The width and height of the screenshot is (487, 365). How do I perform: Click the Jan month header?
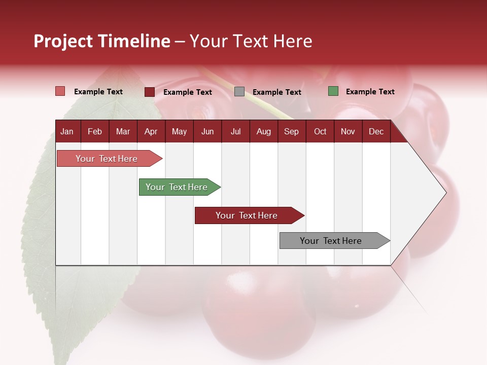click(67, 131)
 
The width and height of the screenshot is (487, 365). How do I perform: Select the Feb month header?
click(95, 131)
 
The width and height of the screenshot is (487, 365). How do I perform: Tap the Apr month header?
click(151, 131)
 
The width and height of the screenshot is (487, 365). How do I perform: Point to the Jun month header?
click(207, 131)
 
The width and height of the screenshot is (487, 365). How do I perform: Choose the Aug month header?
click(263, 131)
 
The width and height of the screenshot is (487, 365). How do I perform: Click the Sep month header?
click(291, 131)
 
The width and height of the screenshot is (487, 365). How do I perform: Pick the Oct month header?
click(320, 131)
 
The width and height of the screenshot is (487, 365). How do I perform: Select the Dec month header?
click(376, 131)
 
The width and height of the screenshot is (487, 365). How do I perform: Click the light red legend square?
click(60, 91)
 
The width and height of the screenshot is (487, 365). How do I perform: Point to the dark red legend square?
click(150, 92)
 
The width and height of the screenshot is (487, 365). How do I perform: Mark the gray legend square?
click(239, 92)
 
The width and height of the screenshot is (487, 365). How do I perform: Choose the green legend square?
click(333, 91)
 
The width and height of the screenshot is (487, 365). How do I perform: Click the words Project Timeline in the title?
click(102, 41)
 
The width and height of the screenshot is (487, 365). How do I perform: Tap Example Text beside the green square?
click(370, 92)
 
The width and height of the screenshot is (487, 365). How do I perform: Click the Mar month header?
click(123, 131)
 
